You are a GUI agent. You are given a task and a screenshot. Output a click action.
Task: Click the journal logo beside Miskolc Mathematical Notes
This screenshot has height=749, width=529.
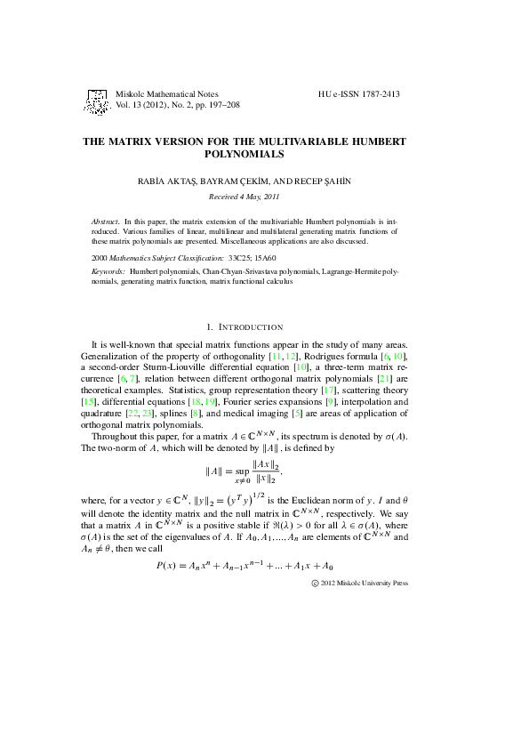(x=97, y=99)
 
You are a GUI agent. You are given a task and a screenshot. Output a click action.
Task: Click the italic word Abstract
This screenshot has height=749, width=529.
(x=107, y=221)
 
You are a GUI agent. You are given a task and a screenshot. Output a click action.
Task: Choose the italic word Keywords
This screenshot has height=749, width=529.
(x=108, y=270)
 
